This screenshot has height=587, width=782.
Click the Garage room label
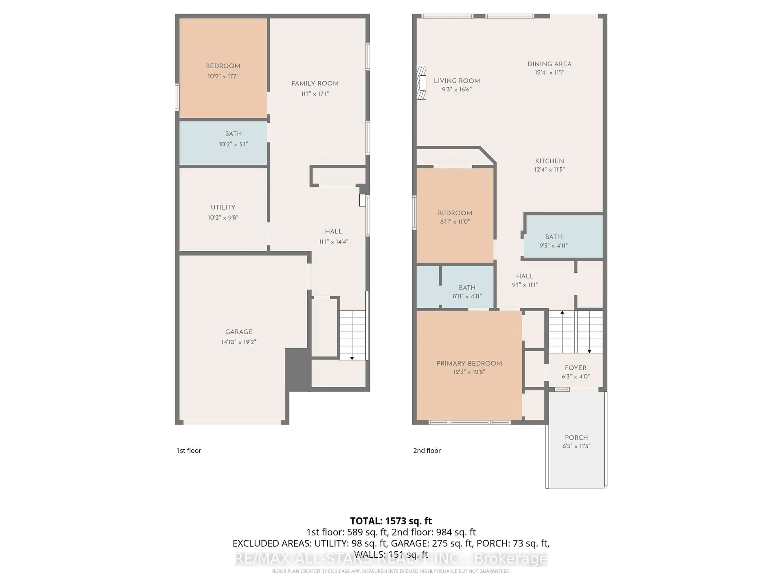(x=239, y=332)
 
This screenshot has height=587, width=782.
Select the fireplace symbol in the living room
(x=421, y=83)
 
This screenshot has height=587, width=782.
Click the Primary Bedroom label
(x=469, y=363)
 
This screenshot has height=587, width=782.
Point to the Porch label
(x=576, y=438)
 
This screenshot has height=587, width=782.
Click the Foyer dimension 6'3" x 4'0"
(x=576, y=376)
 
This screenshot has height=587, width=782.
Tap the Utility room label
(x=223, y=207)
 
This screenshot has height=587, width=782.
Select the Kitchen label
(x=549, y=161)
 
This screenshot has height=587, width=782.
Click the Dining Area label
(x=549, y=64)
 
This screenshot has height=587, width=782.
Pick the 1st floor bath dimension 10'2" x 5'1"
(x=233, y=144)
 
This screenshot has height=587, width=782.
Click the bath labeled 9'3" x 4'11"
(x=553, y=237)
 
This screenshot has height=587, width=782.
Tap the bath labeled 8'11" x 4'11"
(x=467, y=288)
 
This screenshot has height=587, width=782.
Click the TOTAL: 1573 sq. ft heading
(x=391, y=521)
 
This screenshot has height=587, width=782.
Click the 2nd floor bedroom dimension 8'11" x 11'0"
(x=455, y=222)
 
